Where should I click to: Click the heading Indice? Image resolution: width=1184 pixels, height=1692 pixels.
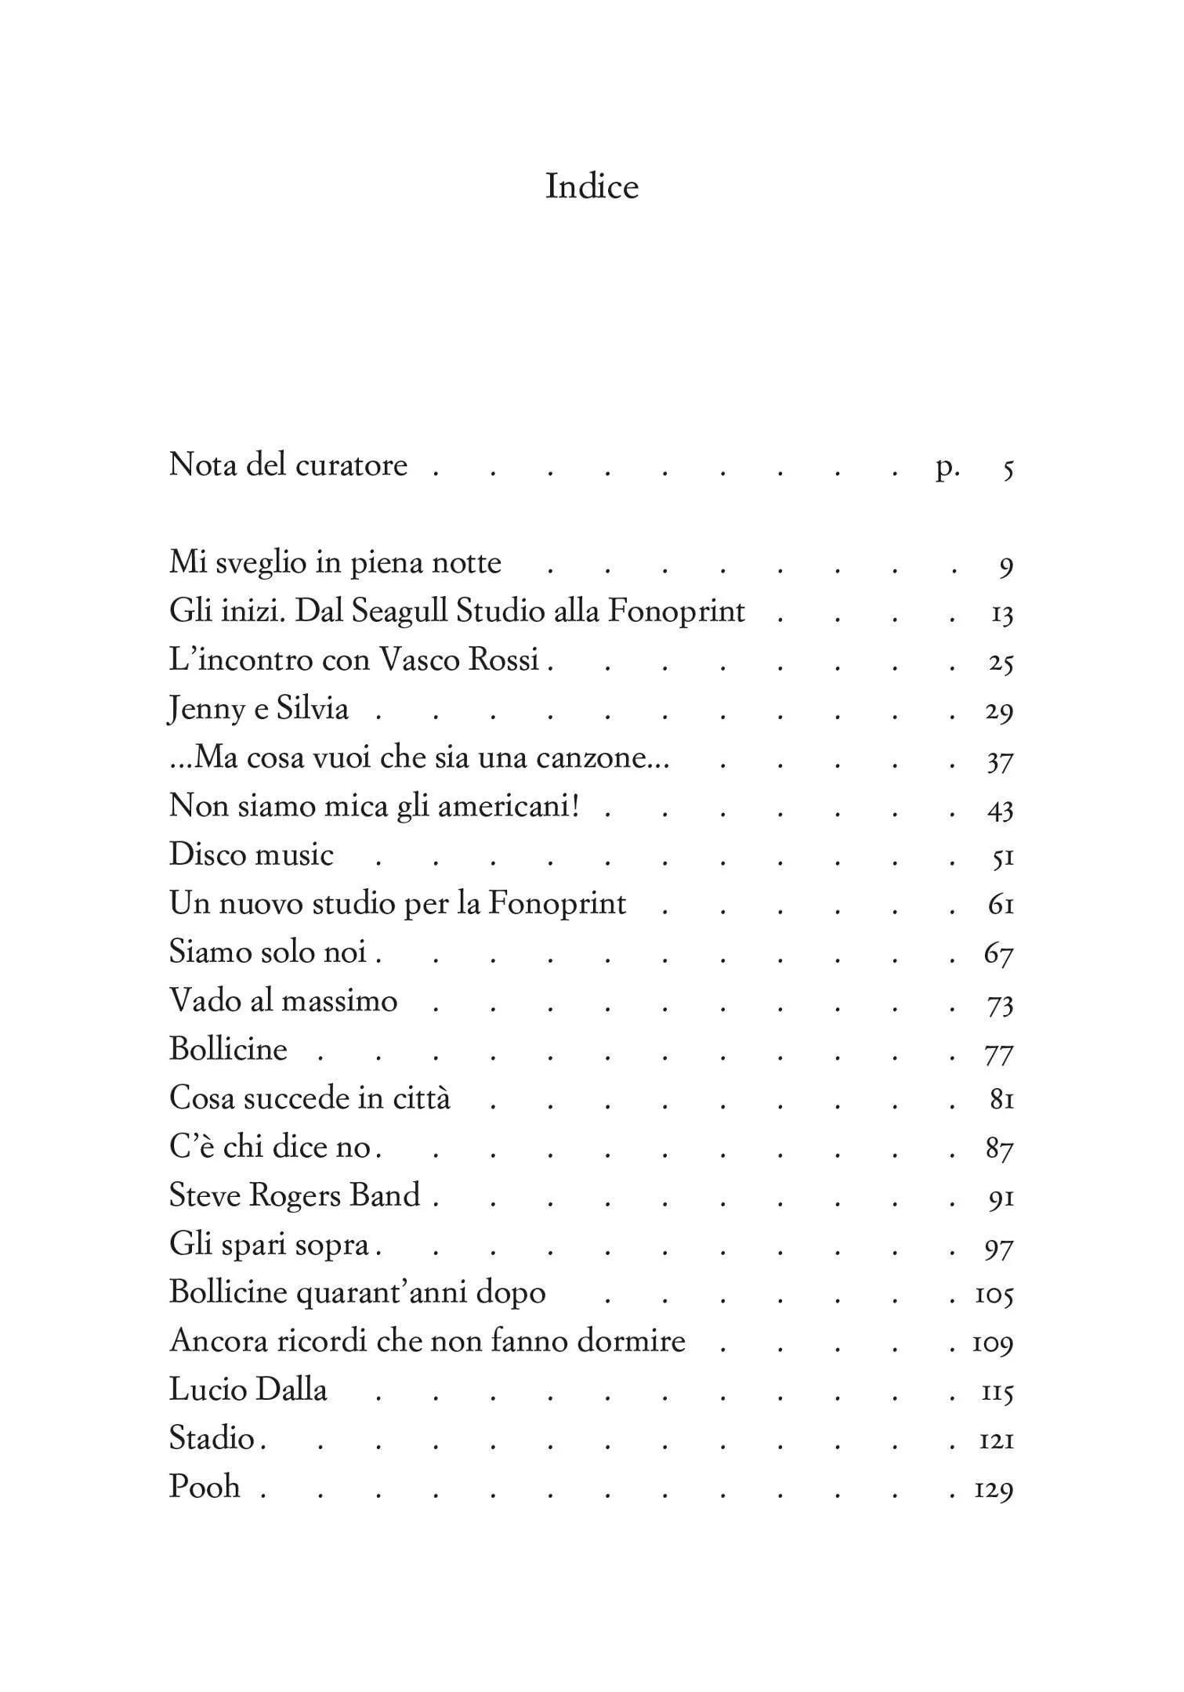tap(592, 186)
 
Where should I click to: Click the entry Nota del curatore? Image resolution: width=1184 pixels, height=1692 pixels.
tap(288, 465)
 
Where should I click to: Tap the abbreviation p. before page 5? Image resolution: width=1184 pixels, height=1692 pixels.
tap(948, 468)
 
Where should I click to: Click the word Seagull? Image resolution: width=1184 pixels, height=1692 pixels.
tap(399, 612)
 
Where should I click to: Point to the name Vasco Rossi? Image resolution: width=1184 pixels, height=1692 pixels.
tap(460, 660)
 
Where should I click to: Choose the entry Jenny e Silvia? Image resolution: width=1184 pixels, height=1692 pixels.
tap(259, 709)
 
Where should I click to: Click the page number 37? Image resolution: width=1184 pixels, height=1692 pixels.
tap(1000, 761)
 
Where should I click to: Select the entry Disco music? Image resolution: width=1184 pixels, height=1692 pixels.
tap(252, 855)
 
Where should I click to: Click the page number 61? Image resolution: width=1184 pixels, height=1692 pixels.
tap(1001, 906)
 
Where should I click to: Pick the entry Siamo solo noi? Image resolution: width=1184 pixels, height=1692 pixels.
tap(268, 952)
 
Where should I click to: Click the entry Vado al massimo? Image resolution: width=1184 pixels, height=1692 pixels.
tap(284, 1000)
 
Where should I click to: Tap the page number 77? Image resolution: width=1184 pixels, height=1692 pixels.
tap(999, 1053)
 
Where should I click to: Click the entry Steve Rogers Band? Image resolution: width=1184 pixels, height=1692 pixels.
tap(295, 1195)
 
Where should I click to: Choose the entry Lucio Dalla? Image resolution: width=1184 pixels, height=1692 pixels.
tap(248, 1390)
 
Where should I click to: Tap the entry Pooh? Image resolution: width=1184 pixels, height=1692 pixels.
tap(205, 1487)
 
